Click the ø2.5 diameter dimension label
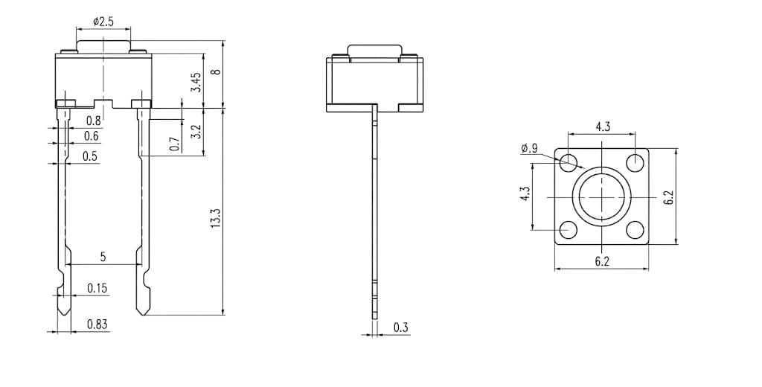103,22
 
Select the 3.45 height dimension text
196,83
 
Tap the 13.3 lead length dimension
217,218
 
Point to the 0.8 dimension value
93,120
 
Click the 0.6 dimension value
92,136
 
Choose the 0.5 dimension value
90,156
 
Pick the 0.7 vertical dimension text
175,144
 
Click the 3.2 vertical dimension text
196,132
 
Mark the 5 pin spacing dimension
103,257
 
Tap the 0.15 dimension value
97,288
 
